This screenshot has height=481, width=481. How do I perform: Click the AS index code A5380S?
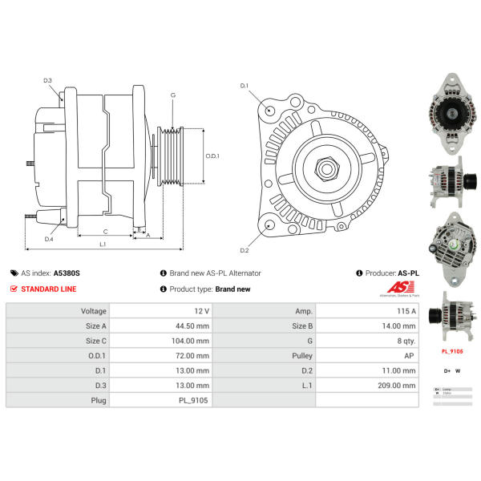point(67,273)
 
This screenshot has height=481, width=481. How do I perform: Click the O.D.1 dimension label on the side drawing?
point(212,156)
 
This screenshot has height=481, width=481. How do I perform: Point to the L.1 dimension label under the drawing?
point(103,244)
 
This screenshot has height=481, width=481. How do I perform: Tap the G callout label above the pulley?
point(172,95)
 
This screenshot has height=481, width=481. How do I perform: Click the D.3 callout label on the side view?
point(47,80)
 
